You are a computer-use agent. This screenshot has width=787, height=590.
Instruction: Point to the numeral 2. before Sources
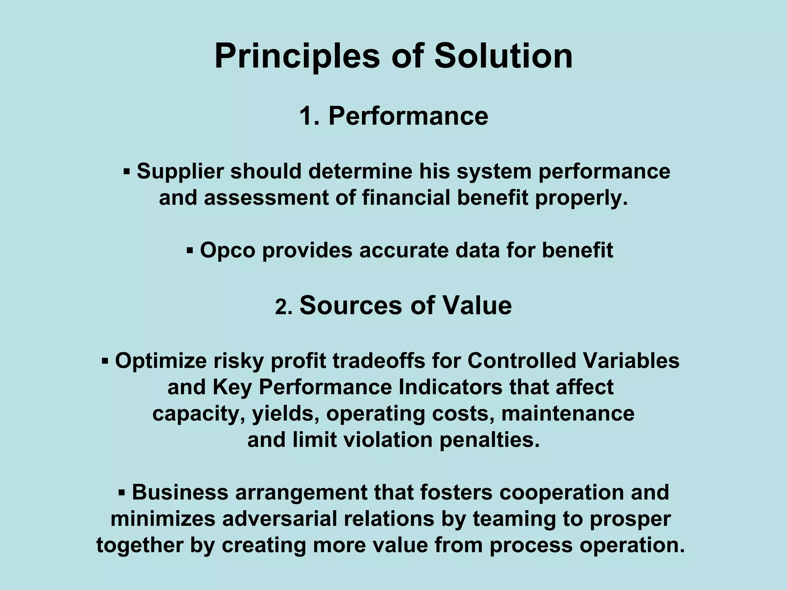[x=284, y=308]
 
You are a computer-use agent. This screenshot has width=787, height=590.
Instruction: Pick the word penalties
[x=490, y=440]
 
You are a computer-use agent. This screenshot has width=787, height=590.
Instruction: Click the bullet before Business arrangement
[x=122, y=493]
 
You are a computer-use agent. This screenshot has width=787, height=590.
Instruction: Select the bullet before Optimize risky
[x=105, y=361]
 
